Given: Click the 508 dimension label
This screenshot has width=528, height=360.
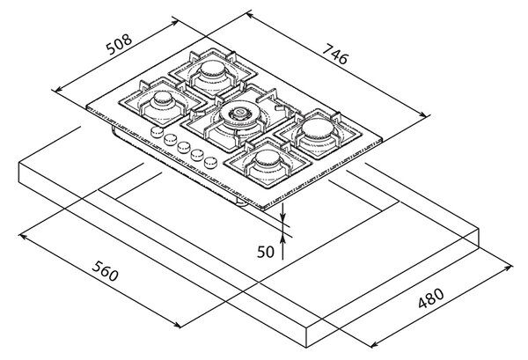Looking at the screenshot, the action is coord(119,44).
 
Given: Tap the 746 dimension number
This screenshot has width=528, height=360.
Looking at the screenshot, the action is coord(335,55).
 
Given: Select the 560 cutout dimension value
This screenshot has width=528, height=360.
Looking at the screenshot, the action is coord(105,271).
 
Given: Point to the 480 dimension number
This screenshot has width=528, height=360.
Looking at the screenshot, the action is coord(431,298).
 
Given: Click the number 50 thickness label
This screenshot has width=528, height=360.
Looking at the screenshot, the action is coord(266,252).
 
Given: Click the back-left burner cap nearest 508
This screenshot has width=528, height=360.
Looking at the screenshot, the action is coord(212,69).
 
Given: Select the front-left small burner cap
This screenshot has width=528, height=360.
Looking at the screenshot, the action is coord(163,98).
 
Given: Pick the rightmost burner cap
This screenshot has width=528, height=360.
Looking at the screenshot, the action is coord(317,129).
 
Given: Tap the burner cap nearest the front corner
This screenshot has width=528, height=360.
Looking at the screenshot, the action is coord(268,158).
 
